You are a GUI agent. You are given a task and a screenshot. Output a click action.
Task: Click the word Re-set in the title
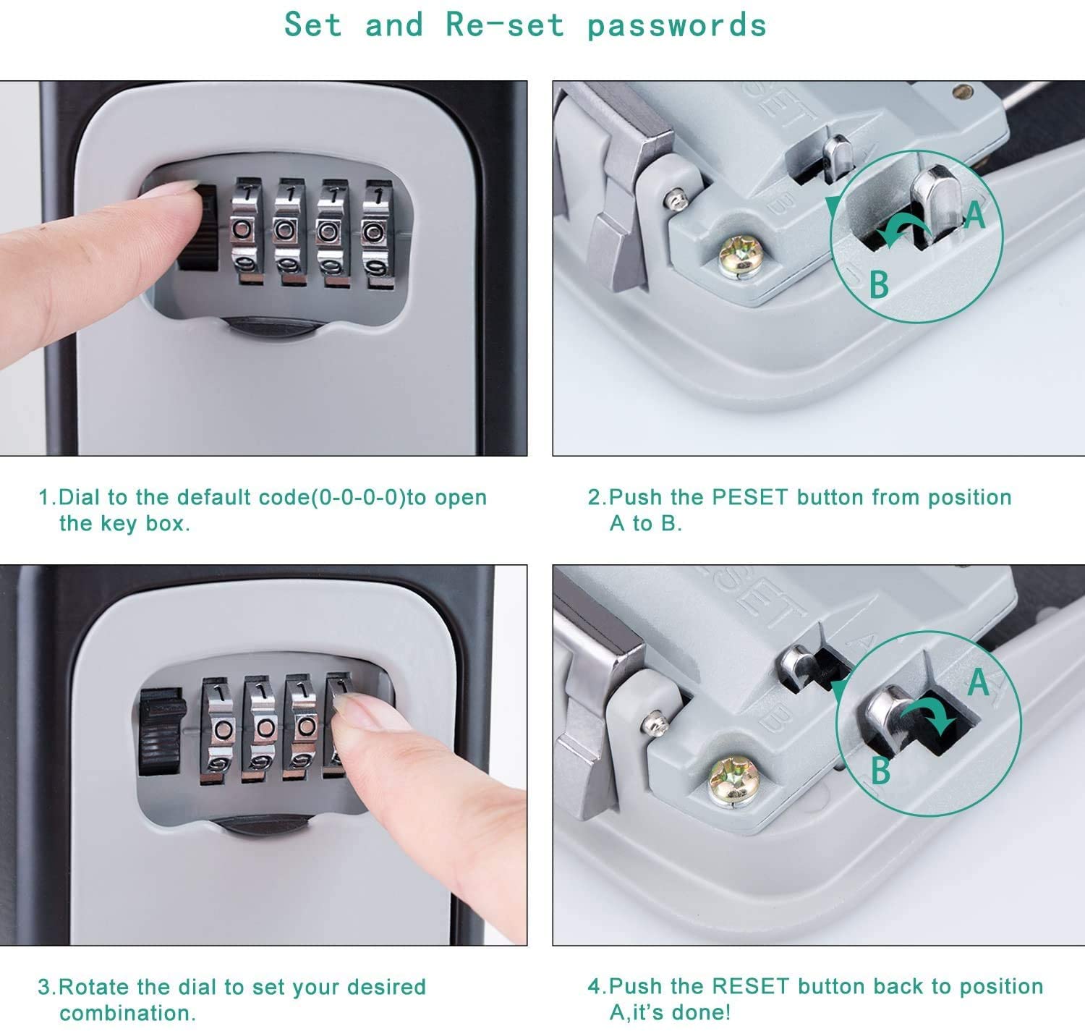pos(505,25)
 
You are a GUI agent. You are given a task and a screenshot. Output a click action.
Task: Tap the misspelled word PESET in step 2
pos(749,497)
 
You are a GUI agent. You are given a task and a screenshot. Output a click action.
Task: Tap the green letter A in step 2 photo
pos(975,215)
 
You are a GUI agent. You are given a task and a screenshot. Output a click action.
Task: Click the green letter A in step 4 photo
pos(979,682)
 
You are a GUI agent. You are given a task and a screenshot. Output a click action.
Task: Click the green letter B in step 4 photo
pos(880,771)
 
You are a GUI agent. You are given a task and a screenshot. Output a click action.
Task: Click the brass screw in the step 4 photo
pos(733,780)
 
